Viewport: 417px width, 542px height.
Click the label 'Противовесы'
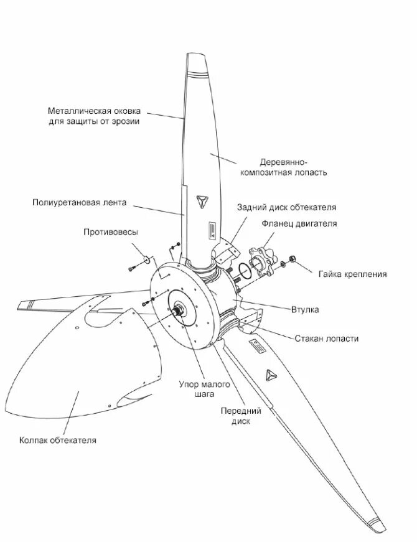(x=111, y=232)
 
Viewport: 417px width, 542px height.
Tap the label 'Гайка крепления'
(x=352, y=274)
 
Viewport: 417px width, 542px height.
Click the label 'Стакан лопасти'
(x=327, y=339)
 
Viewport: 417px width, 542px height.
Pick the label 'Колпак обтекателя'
(x=57, y=441)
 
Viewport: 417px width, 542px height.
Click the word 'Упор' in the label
(x=189, y=384)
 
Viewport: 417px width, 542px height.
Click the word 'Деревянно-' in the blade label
(x=281, y=161)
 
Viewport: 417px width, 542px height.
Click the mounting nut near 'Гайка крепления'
(x=293, y=261)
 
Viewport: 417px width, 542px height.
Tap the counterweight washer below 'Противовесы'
(x=144, y=258)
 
